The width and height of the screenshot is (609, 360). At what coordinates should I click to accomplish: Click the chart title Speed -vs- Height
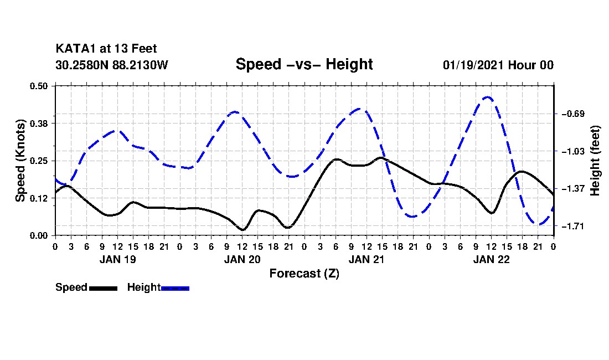tap(304, 64)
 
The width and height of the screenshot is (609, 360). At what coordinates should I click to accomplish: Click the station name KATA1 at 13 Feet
tap(106, 49)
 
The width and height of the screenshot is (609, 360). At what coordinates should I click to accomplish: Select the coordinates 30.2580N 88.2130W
tap(112, 65)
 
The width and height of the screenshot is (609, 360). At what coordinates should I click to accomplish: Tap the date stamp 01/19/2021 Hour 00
tap(498, 65)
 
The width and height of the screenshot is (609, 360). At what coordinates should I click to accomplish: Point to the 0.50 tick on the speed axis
tap(38, 86)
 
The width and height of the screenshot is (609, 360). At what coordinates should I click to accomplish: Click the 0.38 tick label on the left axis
tap(38, 124)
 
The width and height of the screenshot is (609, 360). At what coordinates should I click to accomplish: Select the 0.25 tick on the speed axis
tap(38, 161)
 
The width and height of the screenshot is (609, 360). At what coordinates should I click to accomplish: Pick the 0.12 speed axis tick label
tap(38, 198)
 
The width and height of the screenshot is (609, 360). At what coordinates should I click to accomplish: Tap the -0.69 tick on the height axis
tap(573, 114)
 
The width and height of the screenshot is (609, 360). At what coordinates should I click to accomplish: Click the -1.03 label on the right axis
tap(573, 151)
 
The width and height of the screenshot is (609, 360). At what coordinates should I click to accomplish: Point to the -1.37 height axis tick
tap(573, 189)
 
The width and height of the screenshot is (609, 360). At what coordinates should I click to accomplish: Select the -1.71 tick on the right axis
tap(573, 226)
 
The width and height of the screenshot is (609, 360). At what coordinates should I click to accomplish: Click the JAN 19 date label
tap(118, 259)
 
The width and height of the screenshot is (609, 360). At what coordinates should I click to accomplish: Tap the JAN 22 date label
tap(491, 259)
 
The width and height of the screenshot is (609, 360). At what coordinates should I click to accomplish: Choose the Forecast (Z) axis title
tap(304, 274)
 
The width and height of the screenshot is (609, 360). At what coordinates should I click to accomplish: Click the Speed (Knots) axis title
tap(20, 161)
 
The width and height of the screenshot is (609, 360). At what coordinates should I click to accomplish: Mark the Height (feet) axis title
tap(595, 161)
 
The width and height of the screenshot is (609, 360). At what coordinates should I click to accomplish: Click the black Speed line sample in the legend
tap(103, 288)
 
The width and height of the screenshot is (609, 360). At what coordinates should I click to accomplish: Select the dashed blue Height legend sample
tap(175, 288)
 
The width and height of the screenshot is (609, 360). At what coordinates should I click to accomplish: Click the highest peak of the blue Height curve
tap(488, 97)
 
